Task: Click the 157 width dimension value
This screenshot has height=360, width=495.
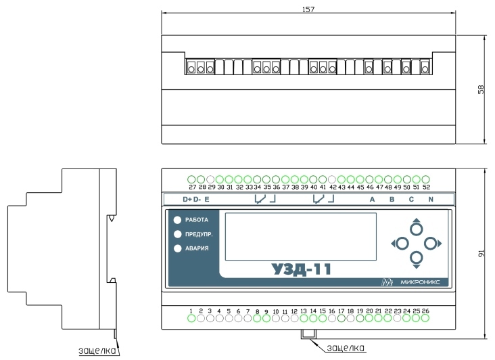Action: click(x=308, y=9)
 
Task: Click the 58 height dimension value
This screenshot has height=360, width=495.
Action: click(x=481, y=90)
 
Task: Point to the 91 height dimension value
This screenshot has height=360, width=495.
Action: click(x=481, y=253)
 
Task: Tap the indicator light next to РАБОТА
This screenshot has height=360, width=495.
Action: click(x=177, y=220)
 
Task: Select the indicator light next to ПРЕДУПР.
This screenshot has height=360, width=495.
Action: click(x=178, y=234)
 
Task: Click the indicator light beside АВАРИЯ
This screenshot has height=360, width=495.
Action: click(x=178, y=248)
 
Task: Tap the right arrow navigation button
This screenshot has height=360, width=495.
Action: click(x=433, y=244)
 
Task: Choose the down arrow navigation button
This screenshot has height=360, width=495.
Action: click(x=417, y=260)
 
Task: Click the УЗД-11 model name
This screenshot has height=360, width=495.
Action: click(x=301, y=269)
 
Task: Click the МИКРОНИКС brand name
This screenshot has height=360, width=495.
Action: click(x=420, y=282)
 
